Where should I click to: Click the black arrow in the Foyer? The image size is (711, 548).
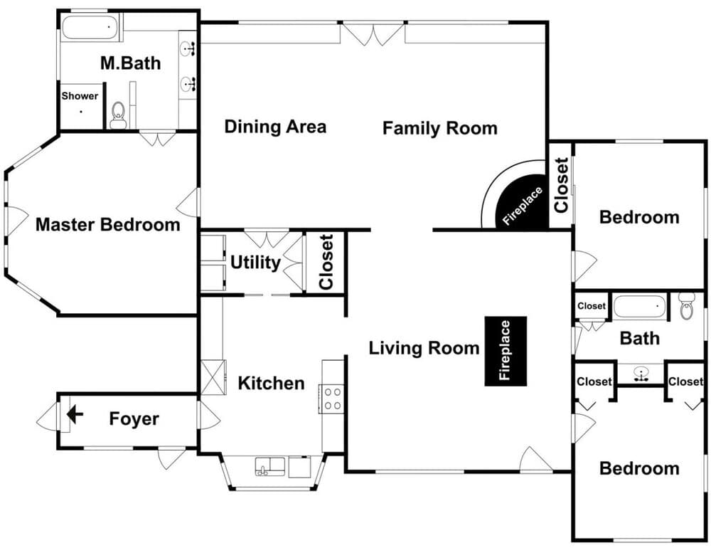click(74, 414)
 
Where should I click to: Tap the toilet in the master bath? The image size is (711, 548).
click(118, 115)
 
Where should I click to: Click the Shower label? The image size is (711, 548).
click(80, 96)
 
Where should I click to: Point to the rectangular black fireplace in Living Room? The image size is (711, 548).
click(506, 352)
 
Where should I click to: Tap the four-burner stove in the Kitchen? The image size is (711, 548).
click(332, 398)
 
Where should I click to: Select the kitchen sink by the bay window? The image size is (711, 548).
click(270, 466)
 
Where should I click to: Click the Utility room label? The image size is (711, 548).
click(255, 263)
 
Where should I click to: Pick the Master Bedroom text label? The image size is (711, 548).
click(108, 225)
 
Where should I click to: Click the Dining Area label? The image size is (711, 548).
click(275, 127)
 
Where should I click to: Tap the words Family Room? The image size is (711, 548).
click(439, 128)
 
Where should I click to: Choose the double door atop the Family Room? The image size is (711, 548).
click(373, 33)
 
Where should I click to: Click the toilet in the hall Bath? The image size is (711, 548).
click(686, 306)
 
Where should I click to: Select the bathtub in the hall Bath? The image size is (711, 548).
click(641, 307)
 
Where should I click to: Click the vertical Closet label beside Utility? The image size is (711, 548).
click(326, 262)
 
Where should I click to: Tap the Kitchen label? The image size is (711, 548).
click(271, 383)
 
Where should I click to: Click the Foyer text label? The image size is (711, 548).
click(134, 418)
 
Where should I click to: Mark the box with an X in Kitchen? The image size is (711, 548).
click(213, 377)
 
